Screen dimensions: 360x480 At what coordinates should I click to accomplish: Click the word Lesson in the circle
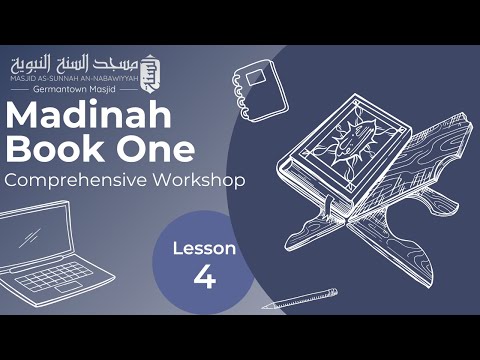point(204,248)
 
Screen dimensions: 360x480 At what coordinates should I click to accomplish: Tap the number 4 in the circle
point(204,277)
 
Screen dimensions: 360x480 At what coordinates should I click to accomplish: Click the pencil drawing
point(301,299)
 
